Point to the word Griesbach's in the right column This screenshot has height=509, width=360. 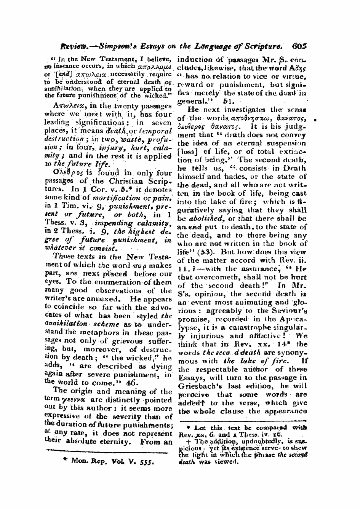(197, 386)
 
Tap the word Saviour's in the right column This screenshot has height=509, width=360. (292, 311)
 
